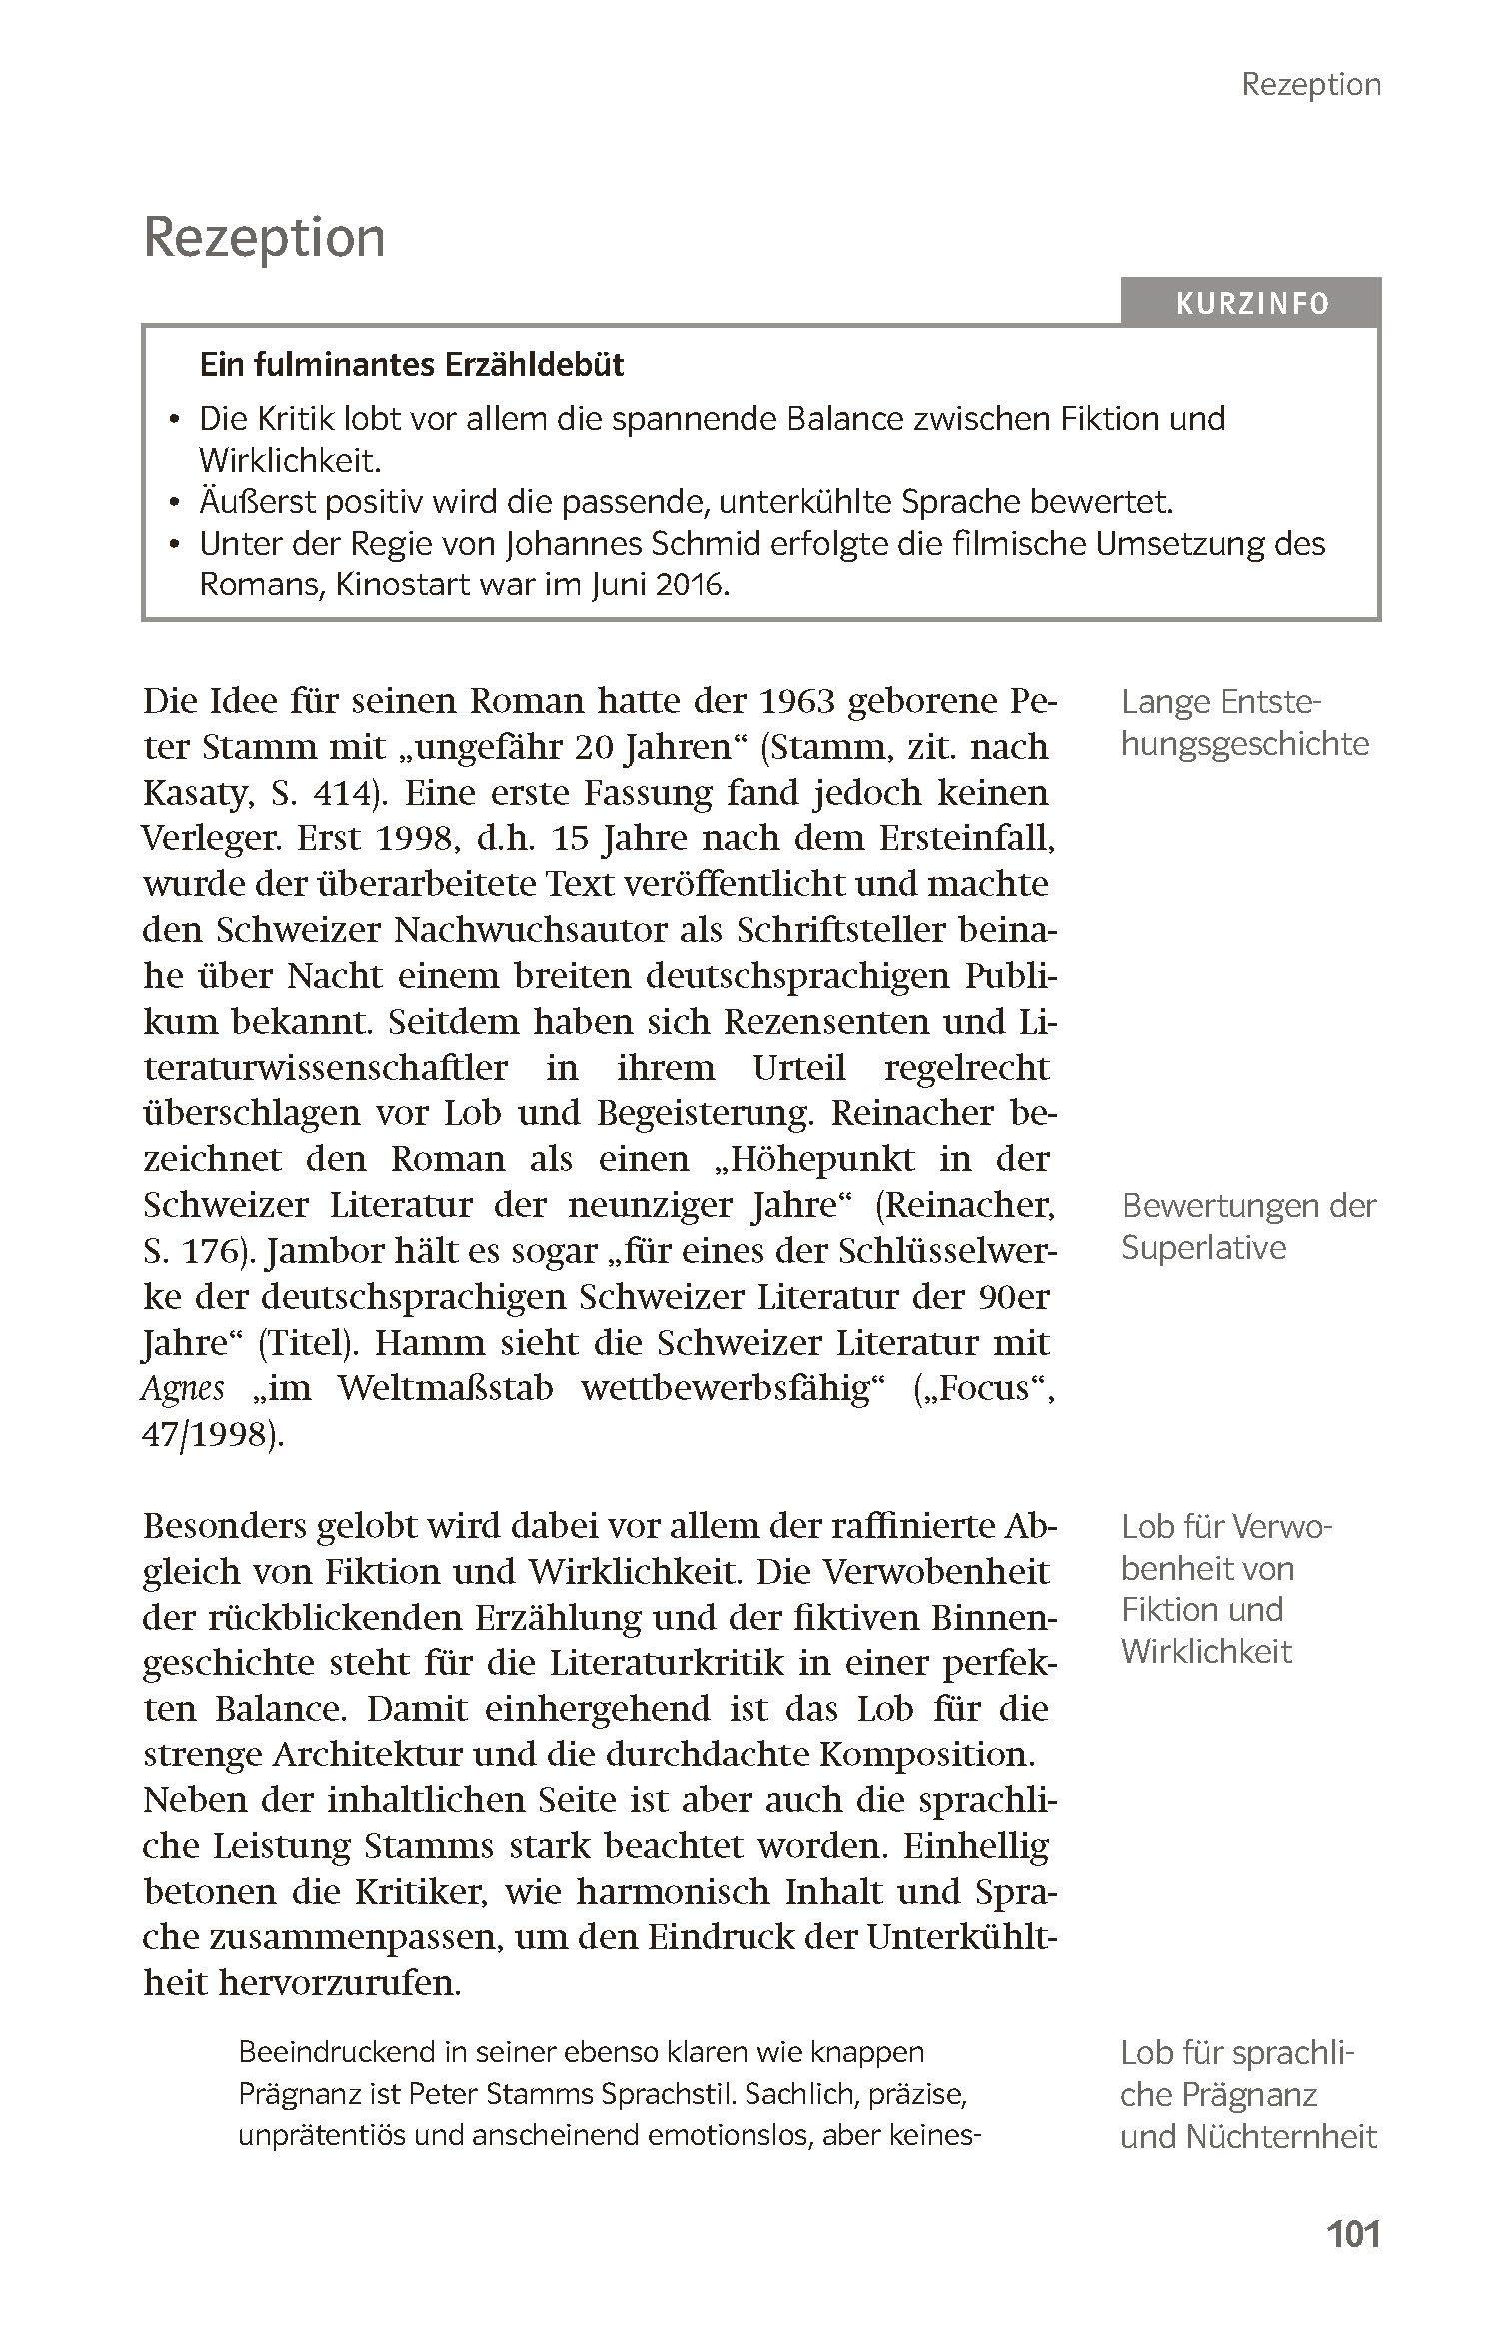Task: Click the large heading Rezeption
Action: point(264,238)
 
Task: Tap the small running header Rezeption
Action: point(1310,85)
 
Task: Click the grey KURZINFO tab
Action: point(1251,303)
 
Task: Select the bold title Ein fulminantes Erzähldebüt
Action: point(411,365)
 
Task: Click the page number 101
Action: point(1352,2233)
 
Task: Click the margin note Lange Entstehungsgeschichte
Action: point(1244,723)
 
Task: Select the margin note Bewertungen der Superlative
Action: point(1248,1226)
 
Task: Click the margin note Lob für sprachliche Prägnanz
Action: point(1248,2094)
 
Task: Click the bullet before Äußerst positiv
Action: point(177,502)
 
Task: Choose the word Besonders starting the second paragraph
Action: point(226,1527)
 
